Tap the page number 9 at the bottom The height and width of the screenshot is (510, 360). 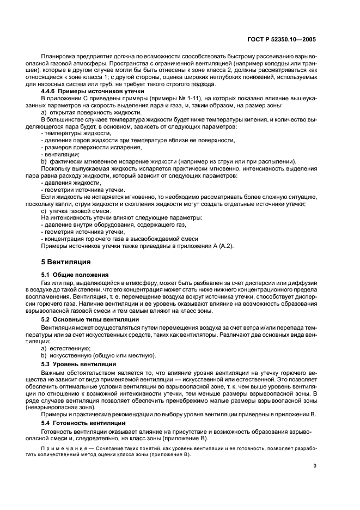click(x=315, y=465)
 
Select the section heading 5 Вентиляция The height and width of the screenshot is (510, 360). click(x=60, y=261)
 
